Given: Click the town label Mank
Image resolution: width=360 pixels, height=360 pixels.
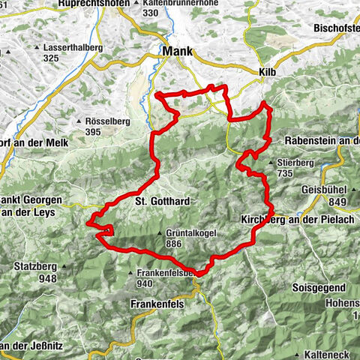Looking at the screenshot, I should [177, 52].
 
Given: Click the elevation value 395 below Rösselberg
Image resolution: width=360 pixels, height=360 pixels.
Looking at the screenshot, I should [93, 132].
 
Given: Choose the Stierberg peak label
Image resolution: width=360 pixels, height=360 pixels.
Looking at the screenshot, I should [294, 161].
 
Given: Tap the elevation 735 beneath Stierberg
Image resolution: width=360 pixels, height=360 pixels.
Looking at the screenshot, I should [286, 172].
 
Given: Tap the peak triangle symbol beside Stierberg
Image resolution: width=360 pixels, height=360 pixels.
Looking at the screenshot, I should [270, 162].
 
